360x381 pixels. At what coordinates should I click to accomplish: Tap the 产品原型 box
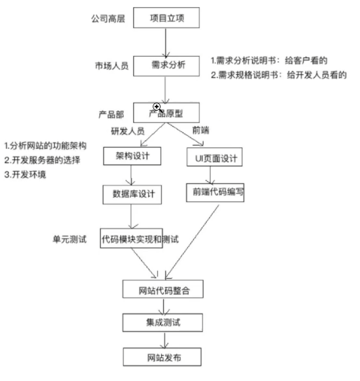[167, 113]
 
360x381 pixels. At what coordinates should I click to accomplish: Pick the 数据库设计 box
[133, 194]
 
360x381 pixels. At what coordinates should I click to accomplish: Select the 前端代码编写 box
[215, 192]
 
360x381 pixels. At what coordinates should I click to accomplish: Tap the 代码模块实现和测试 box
[132, 238]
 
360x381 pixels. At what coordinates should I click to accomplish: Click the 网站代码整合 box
[163, 290]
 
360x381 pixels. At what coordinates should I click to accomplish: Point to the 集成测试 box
[163, 323]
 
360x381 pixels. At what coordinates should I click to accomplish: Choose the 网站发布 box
[163, 357]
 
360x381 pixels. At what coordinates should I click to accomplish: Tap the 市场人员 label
[112, 66]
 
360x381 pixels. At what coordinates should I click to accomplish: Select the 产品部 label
[111, 115]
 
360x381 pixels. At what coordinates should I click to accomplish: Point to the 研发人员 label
[128, 130]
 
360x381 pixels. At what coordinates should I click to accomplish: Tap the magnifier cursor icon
[158, 107]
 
